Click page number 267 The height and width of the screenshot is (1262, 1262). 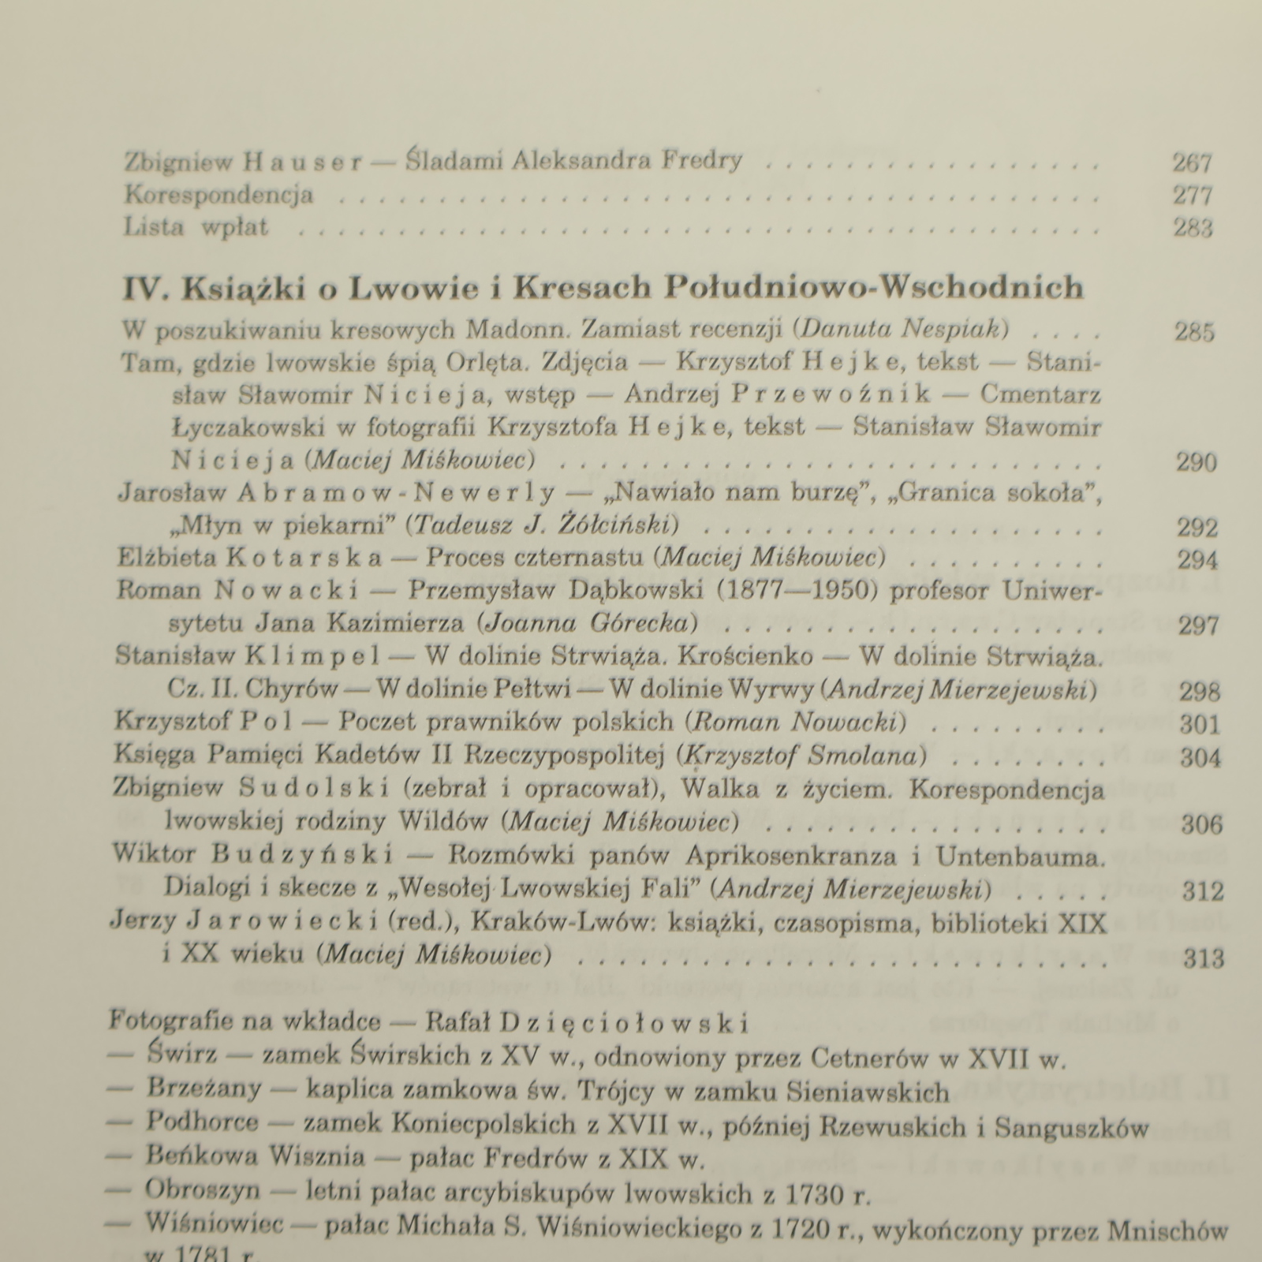(1191, 162)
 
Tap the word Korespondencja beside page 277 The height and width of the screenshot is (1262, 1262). (218, 194)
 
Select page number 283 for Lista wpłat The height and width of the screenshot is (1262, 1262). (1192, 228)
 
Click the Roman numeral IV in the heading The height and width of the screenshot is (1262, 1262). (143, 289)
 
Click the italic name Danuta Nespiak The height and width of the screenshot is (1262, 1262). (904, 328)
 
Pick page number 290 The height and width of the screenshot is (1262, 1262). (1196, 461)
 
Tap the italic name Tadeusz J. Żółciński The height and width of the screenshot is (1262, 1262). (545, 525)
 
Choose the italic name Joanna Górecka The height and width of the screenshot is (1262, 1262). (588, 623)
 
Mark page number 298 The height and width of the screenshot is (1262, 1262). (1199, 691)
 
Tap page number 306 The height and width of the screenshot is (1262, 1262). (1201, 824)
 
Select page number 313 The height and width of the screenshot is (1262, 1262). (1204, 958)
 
